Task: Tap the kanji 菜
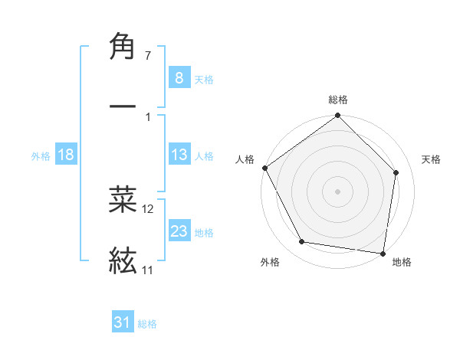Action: coord(123,199)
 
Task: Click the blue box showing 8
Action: coord(179,77)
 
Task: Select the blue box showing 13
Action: coord(179,155)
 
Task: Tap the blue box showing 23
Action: coord(179,231)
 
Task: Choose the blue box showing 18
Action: coord(66,155)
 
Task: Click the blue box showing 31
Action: coord(123,322)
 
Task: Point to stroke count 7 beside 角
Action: coord(148,56)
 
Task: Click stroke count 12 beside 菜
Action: coord(148,208)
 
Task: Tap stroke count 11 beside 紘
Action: coord(147,270)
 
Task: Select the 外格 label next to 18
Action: coord(41,155)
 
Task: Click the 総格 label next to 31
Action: coord(147,324)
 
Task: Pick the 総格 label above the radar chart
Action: coord(338,100)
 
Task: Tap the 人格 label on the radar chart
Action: coord(245,159)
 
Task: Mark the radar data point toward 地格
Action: coord(383,253)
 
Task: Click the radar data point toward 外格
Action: coord(302,242)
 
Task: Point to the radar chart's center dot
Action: coord(338,191)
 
